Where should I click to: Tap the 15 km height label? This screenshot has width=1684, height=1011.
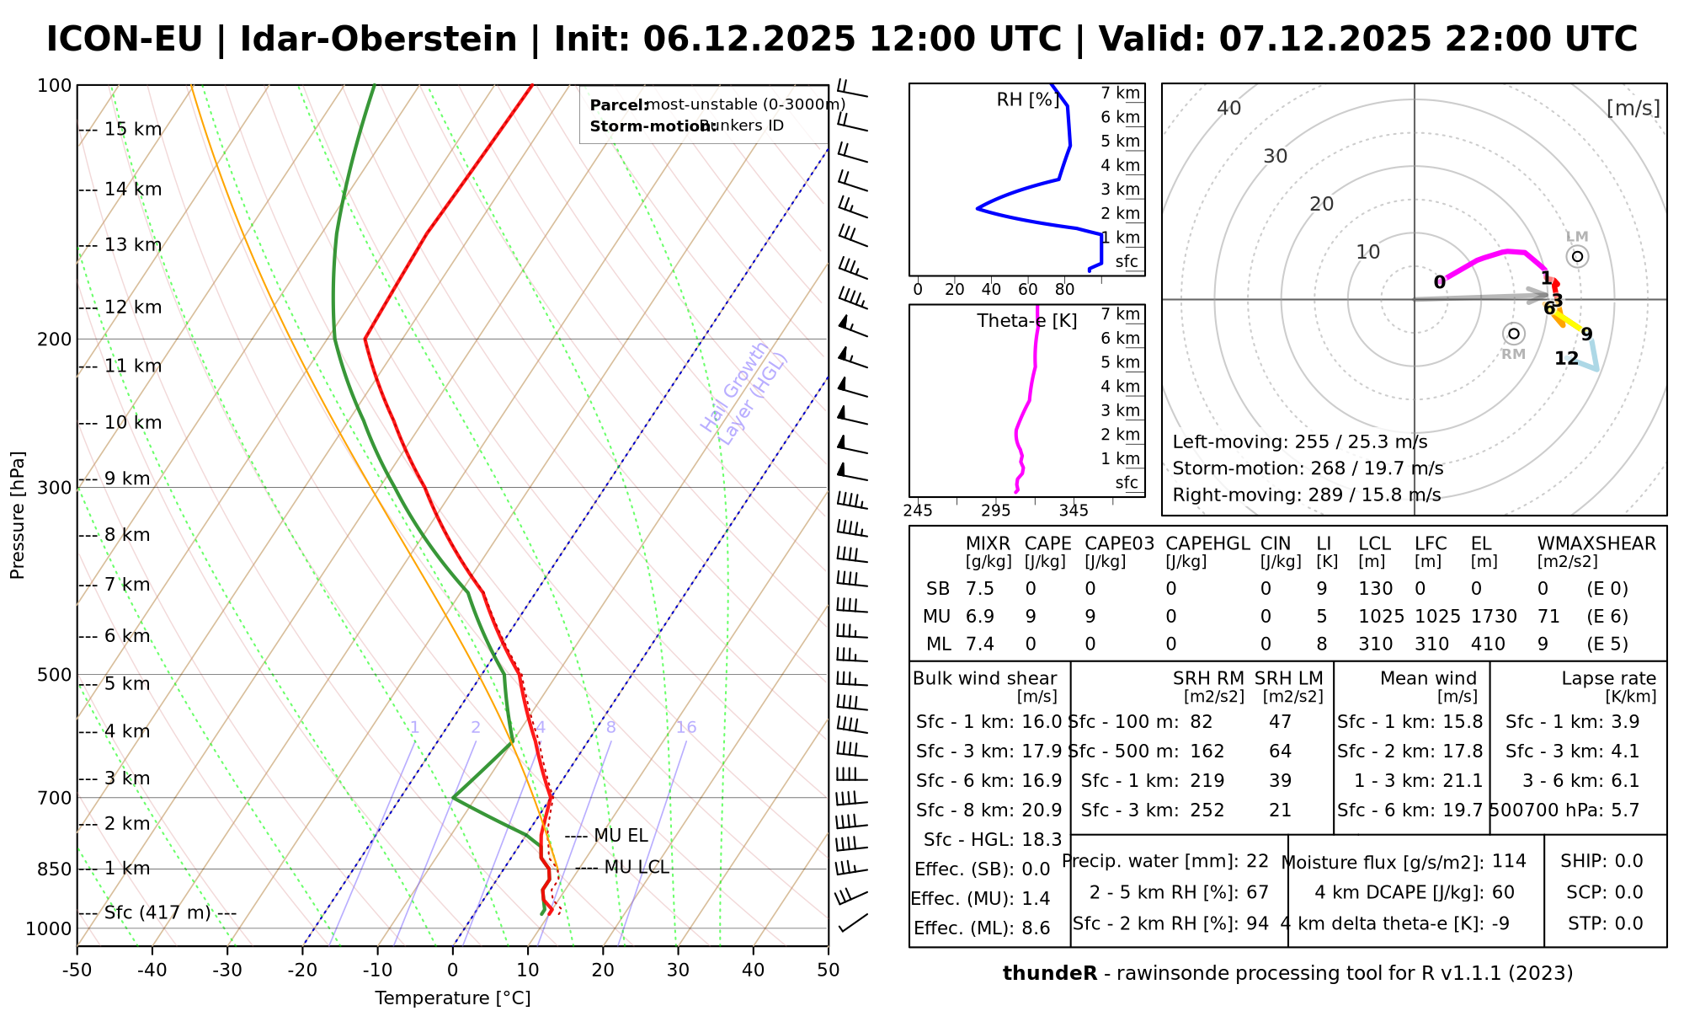pyautogui.click(x=132, y=130)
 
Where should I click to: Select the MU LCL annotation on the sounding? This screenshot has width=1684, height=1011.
pyautogui.click(x=636, y=868)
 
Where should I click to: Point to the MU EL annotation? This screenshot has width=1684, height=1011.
pyautogui.click(x=621, y=836)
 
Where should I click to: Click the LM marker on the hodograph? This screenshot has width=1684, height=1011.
pyautogui.click(x=1577, y=256)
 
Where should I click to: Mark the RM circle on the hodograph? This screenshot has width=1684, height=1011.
pyautogui.click(x=1514, y=334)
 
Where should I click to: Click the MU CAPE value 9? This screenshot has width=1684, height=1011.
pyautogui.click(x=1031, y=617)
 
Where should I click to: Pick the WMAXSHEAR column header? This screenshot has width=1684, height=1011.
pyautogui.click(x=1596, y=543)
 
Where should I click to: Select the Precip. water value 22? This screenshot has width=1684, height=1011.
pyautogui.click(x=1257, y=861)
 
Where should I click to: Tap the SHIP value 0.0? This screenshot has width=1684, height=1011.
pyautogui.click(x=1628, y=861)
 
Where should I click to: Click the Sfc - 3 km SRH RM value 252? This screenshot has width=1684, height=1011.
pyautogui.click(x=1207, y=810)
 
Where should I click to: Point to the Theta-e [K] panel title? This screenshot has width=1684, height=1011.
pyautogui.click(x=1027, y=321)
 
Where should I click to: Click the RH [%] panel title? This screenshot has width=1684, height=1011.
pyautogui.click(x=1028, y=100)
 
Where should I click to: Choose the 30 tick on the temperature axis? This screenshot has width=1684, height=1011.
pyautogui.click(x=678, y=971)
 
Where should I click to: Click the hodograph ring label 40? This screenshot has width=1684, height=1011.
pyautogui.click(x=1229, y=108)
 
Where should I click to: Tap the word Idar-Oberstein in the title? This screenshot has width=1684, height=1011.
pyautogui.click(x=378, y=40)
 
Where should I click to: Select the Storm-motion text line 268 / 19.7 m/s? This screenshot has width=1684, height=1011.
pyautogui.click(x=1308, y=468)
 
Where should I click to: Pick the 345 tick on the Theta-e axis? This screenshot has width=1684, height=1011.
pyautogui.click(x=1074, y=511)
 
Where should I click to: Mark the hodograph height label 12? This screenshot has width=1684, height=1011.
pyautogui.click(x=1566, y=359)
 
